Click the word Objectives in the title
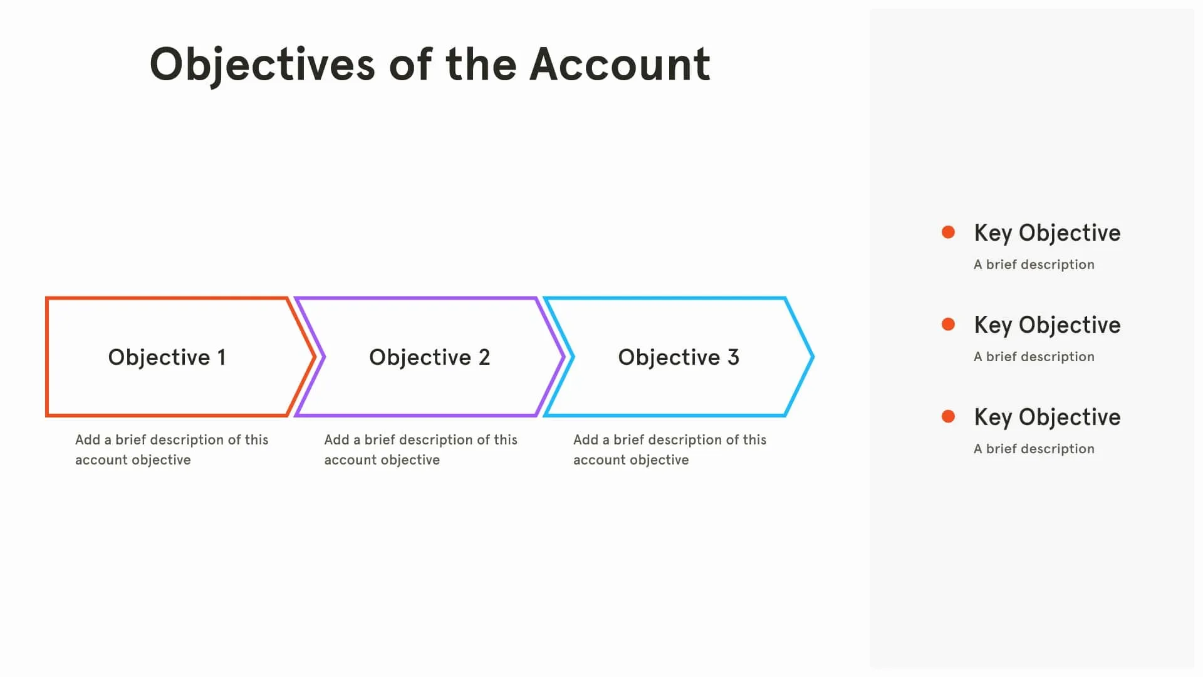tap(262, 65)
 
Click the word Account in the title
tap(620, 65)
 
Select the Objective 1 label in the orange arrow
tap(167, 357)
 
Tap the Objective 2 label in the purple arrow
tap(429, 357)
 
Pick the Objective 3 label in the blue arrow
tap(679, 357)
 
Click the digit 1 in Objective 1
tap(221, 357)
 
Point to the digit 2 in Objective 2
tap(484, 357)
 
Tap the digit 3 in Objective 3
tap(734, 357)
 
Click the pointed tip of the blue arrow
tap(812, 357)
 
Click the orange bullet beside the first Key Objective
tap(948, 233)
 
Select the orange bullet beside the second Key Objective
tap(948, 324)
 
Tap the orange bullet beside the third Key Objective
tap(948, 416)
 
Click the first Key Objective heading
tap(1047, 233)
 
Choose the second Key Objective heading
tap(1047, 325)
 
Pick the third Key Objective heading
tap(1047, 417)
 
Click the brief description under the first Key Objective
tap(1034, 265)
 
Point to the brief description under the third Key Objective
tap(1034, 449)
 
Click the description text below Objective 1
tap(171, 449)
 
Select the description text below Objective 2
tap(420, 449)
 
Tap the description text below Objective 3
tap(669, 449)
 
